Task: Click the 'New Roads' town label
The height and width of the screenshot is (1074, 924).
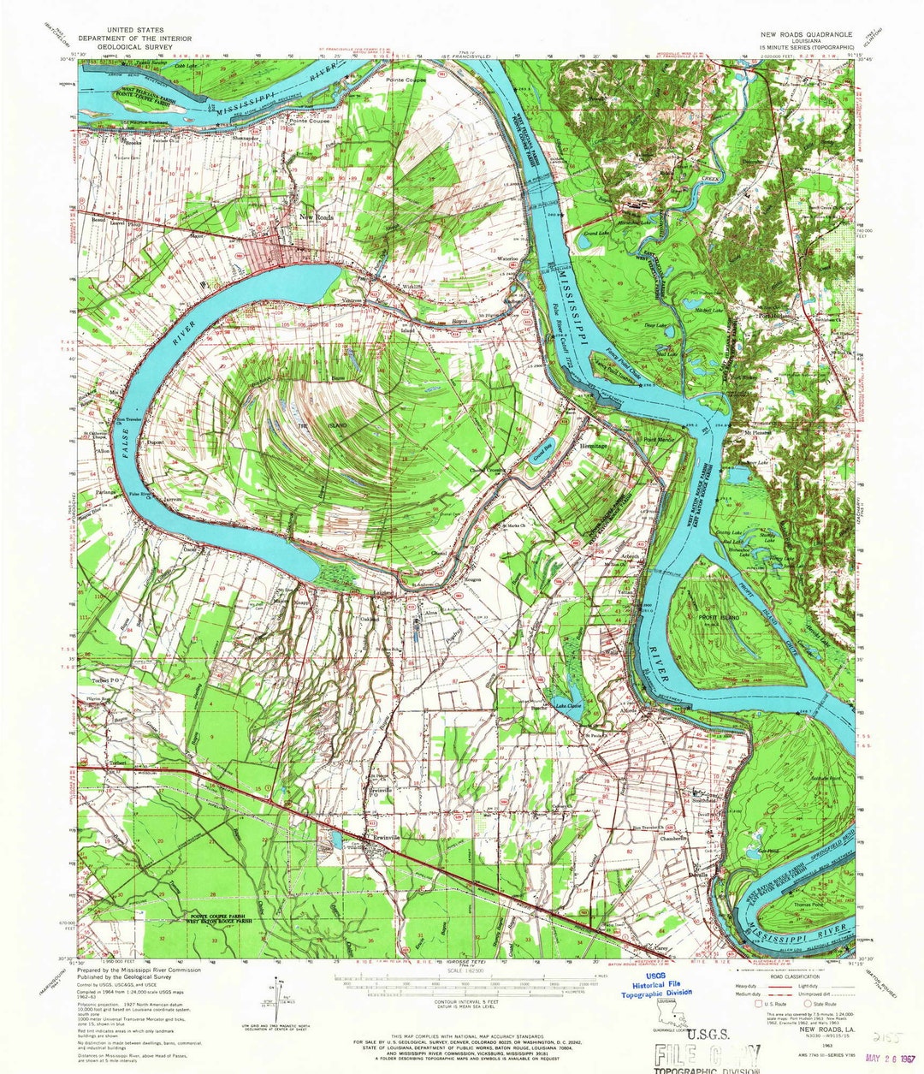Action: click(x=318, y=217)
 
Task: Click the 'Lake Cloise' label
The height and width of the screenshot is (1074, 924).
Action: click(x=567, y=706)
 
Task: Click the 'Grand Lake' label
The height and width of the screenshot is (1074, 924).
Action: click(x=595, y=232)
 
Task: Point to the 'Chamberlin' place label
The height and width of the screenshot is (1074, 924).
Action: click(x=675, y=839)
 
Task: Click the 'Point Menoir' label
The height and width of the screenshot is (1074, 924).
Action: click(x=658, y=440)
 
